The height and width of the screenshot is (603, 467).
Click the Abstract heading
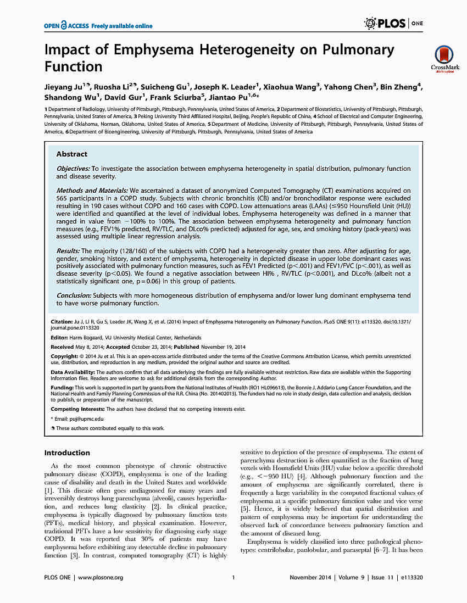[x=71, y=154]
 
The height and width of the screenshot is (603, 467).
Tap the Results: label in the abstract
[x=68, y=250]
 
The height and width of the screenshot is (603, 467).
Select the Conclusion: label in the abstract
[x=74, y=295]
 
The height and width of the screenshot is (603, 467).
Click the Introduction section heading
[x=66, y=453]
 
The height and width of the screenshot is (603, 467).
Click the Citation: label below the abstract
[x=62, y=321]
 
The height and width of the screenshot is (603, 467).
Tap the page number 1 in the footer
[x=233, y=577]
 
